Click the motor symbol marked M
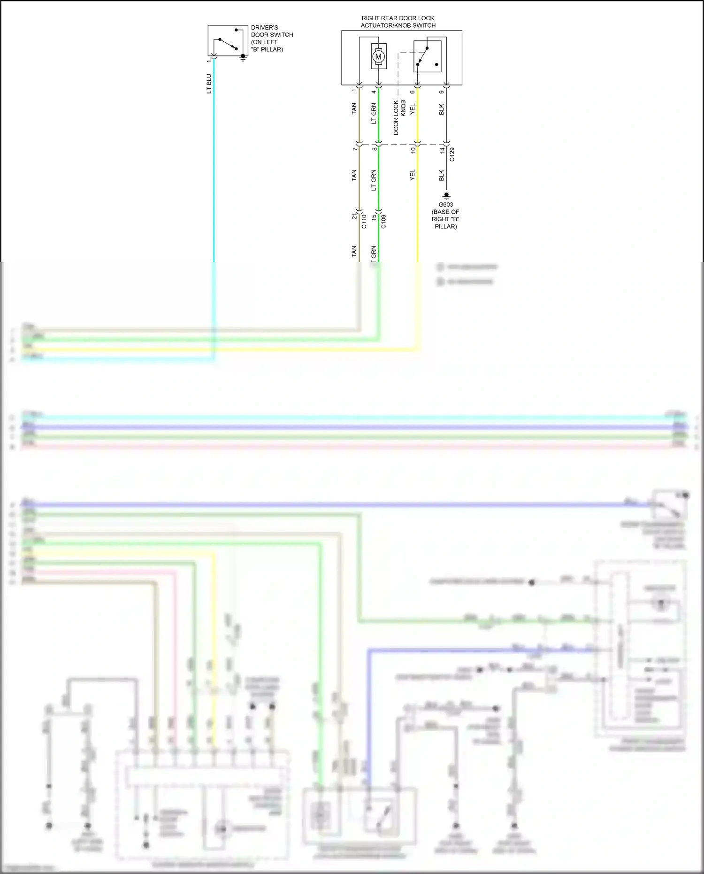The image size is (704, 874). (378, 57)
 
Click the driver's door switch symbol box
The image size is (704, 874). (228, 41)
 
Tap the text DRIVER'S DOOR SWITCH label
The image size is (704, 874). (272, 39)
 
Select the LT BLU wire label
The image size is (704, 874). (209, 84)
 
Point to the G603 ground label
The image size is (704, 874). (445, 205)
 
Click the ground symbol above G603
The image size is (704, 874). (446, 195)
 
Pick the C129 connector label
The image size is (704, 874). (452, 155)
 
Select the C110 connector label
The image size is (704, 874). (364, 221)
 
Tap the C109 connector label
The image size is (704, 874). (383, 221)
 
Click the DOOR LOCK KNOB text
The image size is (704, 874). (399, 117)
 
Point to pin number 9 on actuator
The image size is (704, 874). (442, 92)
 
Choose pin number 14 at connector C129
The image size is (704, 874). (442, 150)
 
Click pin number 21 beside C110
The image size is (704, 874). (354, 217)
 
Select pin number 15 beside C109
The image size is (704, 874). (374, 217)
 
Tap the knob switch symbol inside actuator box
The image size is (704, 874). (427, 57)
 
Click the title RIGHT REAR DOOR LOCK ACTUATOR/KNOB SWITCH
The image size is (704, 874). (398, 22)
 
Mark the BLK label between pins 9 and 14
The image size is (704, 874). (442, 109)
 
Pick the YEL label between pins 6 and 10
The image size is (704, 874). (413, 109)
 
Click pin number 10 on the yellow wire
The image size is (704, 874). (413, 150)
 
